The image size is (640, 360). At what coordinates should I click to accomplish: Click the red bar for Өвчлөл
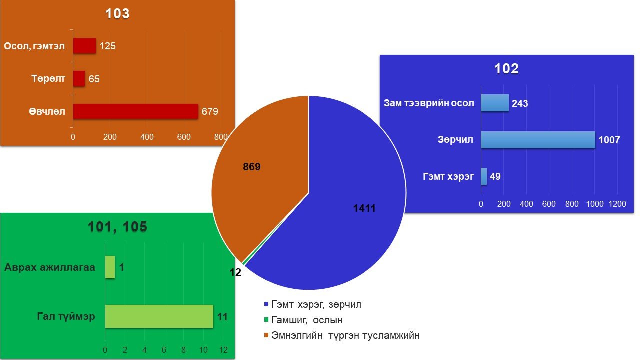click(135, 111)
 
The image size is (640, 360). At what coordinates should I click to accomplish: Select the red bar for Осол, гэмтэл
click(84, 46)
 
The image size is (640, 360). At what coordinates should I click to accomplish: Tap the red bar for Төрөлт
click(79, 79)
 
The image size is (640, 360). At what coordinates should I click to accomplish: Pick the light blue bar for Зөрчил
click(538, 140)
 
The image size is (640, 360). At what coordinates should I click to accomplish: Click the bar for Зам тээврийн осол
click(495, 103)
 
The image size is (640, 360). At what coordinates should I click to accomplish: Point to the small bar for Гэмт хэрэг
click(484, 176)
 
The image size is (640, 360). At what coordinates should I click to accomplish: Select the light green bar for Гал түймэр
click(159, 316)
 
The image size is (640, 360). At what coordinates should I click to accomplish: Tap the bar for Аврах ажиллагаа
click(110, 267)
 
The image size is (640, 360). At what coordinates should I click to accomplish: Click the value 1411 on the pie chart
click(364, 208)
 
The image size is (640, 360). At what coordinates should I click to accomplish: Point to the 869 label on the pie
click(252, 167)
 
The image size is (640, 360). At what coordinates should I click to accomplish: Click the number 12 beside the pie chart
click(235, 272)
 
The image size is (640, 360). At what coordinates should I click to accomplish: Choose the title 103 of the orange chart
click(117, 13)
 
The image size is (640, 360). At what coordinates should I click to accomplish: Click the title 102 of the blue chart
click(506, 69)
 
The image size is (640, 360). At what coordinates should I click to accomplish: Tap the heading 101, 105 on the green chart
click(117, 227)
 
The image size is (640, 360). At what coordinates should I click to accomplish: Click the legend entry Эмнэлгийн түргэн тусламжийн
click(342, 335)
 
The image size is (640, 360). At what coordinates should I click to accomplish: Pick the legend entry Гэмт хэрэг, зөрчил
click(313, 305)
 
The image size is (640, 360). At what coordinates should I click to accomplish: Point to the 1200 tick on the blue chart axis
click(617, 204)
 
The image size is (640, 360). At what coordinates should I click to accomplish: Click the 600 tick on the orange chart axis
click(184, 137)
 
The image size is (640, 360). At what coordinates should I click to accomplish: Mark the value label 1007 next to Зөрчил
click(609, 140)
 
